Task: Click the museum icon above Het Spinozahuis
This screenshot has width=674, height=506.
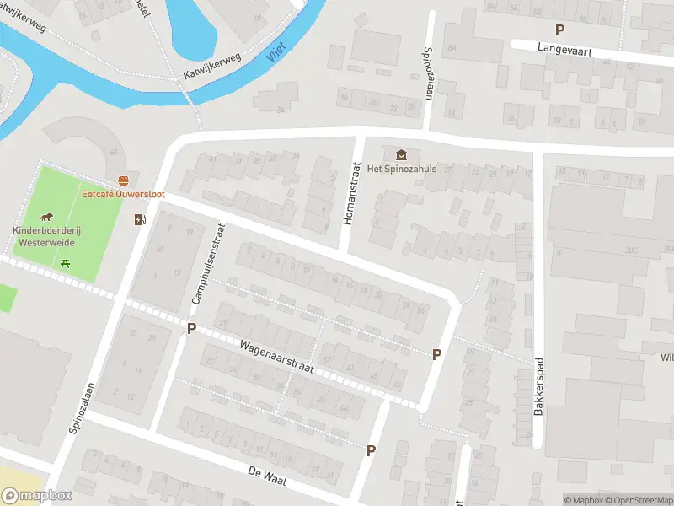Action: tap(400, 154)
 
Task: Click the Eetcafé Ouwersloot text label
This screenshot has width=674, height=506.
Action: tap(123, 194)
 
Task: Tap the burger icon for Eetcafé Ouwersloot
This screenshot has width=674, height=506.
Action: tap(124, 180)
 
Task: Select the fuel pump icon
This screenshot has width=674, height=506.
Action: tap(139, 220)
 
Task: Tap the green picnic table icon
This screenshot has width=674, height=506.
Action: tap(66, 263)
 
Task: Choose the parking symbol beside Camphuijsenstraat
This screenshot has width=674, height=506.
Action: tap(191, 328)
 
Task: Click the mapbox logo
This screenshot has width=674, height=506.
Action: tap(37, 495)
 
